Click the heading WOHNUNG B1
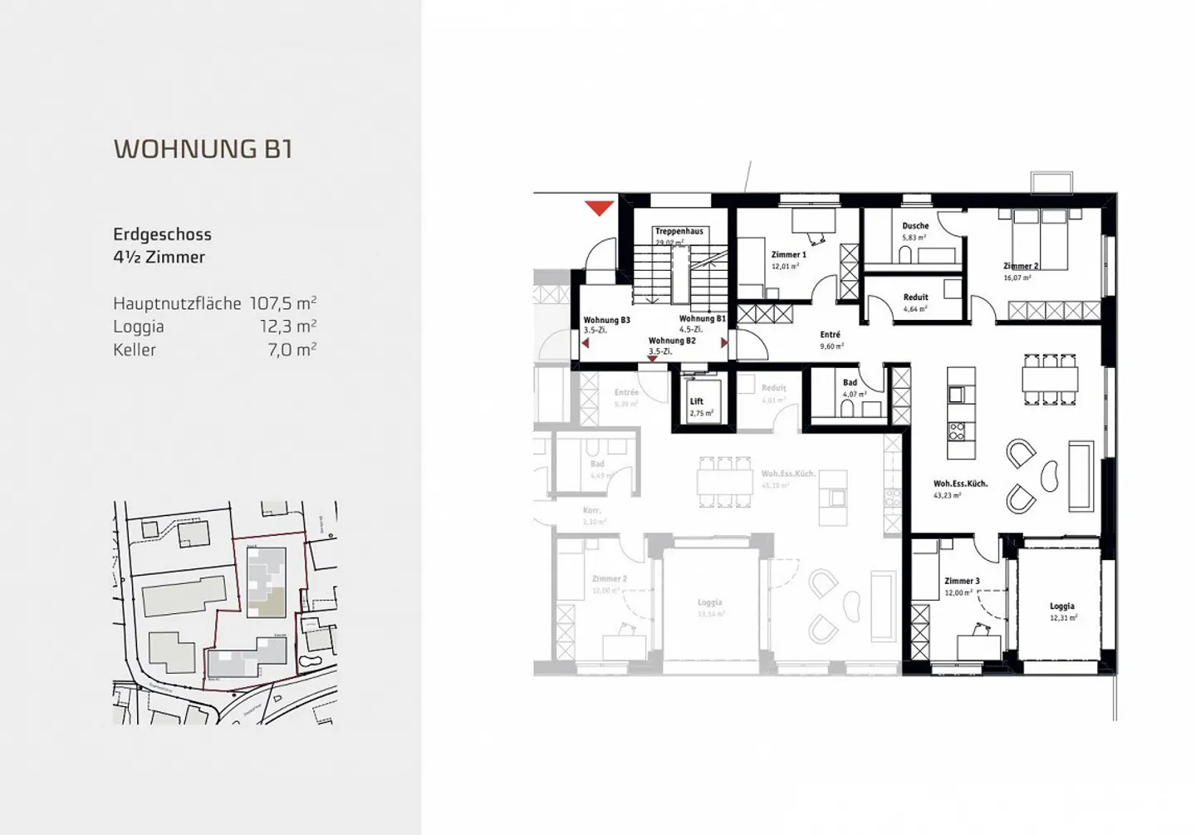point(203,149)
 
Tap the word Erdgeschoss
point(162,234)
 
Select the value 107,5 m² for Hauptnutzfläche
point(283,303)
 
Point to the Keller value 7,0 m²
point(292,350)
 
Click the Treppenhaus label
point(679,231)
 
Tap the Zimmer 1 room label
point(788,255)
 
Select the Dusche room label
point(915,226)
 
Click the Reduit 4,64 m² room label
point(915,297)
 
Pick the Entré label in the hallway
point(830,335)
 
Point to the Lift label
point(697,402)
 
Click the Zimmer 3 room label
point(962,582)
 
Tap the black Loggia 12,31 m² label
point(1061,607)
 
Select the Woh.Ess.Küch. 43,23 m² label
point(960,484)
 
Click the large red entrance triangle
point(599,207)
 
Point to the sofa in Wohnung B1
point(1079,477)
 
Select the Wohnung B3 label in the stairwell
point(606,320)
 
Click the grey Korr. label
point(591,510)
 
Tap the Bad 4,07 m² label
point(850,384)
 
